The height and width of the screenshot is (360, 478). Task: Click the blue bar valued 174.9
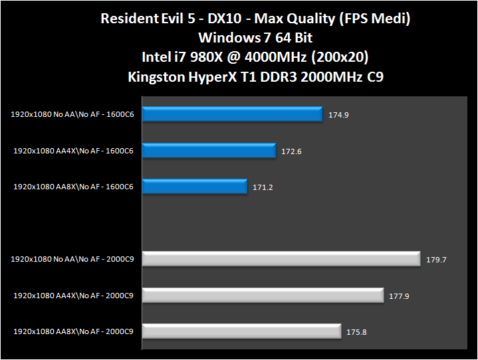click(x=233, y=115)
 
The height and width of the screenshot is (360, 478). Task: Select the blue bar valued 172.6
click(x=209, y=151)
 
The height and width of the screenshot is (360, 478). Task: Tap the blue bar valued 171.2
click(x=195, y=187)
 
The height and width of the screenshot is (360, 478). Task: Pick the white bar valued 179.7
click(x=281, y=259)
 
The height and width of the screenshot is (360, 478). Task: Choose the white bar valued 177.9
click(x=263, y=295)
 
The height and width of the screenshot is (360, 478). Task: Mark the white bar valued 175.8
click(x=242, y=331)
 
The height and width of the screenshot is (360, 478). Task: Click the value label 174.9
click(x=338, y=115)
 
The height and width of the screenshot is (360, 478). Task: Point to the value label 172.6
click(x=291, y=151)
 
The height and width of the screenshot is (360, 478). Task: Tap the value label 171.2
click(x=263, y=187)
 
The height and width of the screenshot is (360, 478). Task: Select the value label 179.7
click(x=436, y=259)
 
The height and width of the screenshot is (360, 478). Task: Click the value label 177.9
click(x=399, y=296)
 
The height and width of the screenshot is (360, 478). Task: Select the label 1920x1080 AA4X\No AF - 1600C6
click(x=73, y=151)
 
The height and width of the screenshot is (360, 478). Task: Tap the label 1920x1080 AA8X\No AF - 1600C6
click(x=73, y=187)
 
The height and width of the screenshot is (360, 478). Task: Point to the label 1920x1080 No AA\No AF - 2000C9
click(x=72, y=259)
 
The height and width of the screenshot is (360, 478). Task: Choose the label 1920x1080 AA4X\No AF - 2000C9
click(x=73, y=295)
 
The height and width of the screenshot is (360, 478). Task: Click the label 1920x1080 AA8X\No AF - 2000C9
click(x=73, y=331)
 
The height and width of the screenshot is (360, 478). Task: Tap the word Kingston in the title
click(x=158, y=76)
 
